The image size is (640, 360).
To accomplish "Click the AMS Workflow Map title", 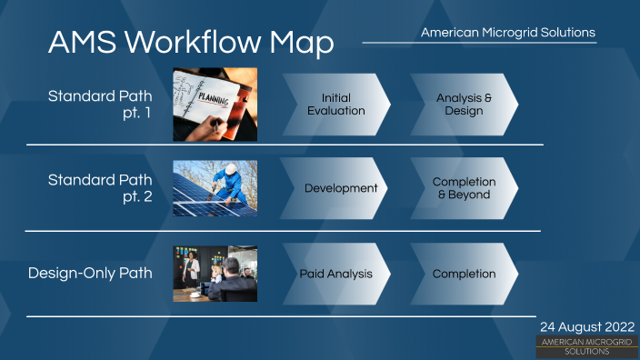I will click(x=191, y=42).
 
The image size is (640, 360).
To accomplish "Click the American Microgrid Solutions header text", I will click(x=508, y=33).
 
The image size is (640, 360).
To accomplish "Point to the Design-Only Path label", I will click(x=91, y=273).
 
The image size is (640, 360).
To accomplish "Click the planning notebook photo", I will click(x=215, y=104).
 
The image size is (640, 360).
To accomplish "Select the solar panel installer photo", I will click(x=215, y=188).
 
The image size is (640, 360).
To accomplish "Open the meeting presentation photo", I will click(x=215, y=274).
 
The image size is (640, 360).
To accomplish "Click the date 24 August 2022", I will click(x=587, y=326).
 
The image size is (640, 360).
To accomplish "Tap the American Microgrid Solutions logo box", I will click(x=586, y=345).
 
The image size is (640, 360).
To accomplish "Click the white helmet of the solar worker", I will click(x=232, y=168).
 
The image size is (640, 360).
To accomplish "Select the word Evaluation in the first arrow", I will click(x=336, y=111).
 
